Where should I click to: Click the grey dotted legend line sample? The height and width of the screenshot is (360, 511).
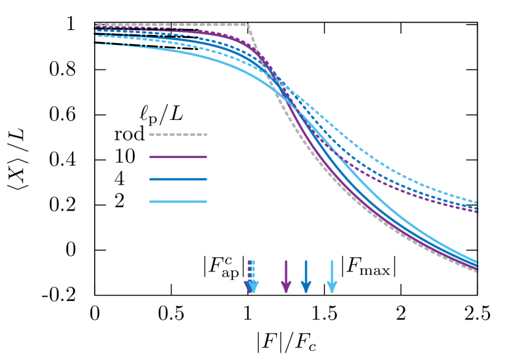pos(178,135)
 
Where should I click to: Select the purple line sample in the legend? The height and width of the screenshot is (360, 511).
pos(178,157)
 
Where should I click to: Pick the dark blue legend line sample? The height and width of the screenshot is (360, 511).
pos(178,179)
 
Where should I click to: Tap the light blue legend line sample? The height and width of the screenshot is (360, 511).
pos(178,202)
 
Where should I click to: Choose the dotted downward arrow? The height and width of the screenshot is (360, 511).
pos(251,276)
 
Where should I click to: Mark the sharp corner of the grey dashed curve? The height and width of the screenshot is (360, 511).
pos(247,25)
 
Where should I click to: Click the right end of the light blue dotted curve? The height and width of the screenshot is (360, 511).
pos(477,202)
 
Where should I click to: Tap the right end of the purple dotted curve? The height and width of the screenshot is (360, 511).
pos(477,211)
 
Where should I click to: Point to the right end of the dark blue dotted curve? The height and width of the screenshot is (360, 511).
pos(477,208)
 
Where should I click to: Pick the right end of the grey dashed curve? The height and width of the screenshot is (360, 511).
pos(477,270)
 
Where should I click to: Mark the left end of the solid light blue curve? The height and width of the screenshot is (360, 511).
pos(95,42)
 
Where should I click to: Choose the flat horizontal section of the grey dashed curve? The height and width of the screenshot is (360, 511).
pos(184,25)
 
